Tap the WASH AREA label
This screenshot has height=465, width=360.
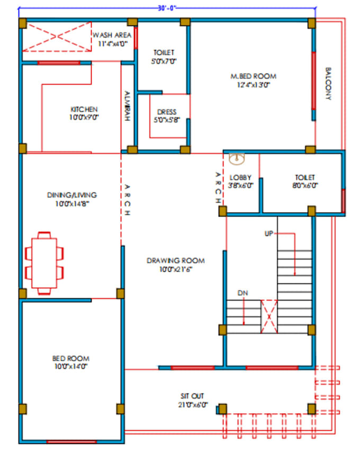click(x=112, y=35)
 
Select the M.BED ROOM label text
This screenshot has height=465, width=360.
click(x=253, y=76)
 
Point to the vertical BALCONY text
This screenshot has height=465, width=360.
click(x=328, y=84)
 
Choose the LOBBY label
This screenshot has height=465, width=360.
click(x=241, y=177)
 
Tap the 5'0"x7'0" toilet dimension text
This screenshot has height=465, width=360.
click(x=164, y=61)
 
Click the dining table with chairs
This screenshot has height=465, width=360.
click(x=44, y=263)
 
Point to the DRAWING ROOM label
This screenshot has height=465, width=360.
click(x=175, y=261)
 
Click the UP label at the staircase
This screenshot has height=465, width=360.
click(x=269, y=233)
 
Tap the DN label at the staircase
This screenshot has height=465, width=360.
click(x=243, y=293)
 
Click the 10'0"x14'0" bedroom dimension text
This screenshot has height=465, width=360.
click(x=70, y=366)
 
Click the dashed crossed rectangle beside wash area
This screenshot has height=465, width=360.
click(x=56, y=37)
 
